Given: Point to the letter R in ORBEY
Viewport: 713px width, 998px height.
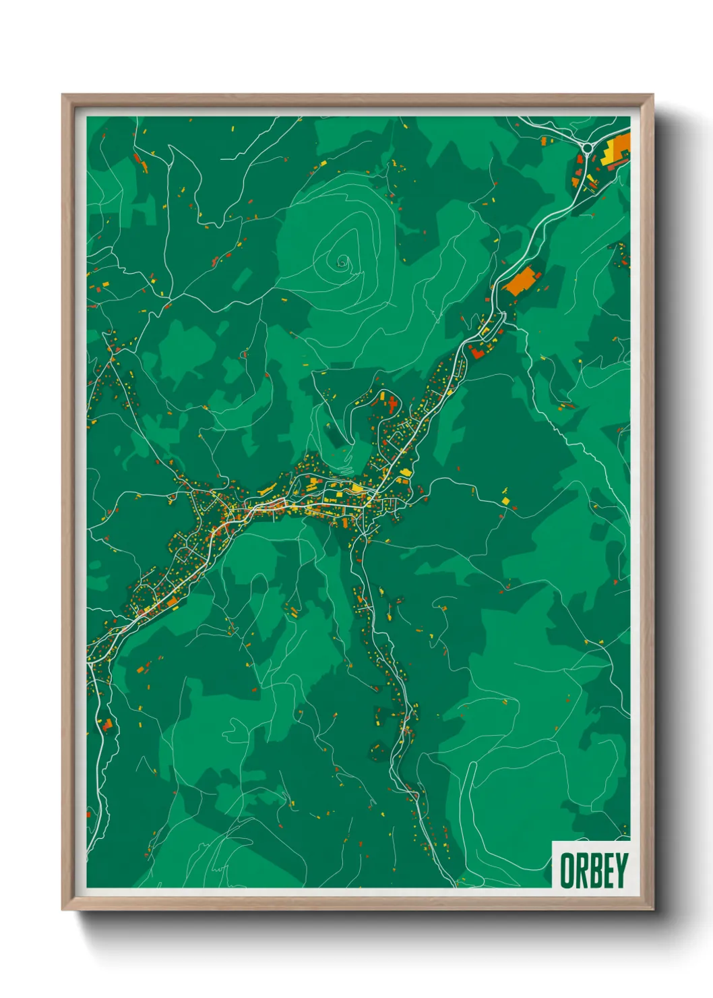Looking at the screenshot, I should pos(582,871).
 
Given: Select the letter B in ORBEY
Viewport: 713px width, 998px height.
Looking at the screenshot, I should pos(594,871).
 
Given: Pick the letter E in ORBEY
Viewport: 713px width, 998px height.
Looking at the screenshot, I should pos(607,871).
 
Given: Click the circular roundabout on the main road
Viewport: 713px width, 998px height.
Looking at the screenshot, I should pos(587,147).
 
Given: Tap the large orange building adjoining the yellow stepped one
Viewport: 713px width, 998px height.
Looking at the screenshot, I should pos(622,143).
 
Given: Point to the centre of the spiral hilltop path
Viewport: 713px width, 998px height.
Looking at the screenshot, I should pos(342,260).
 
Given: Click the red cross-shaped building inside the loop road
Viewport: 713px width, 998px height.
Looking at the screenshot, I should pos(392,405).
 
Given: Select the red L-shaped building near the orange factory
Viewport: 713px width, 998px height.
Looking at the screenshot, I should pos(476,351).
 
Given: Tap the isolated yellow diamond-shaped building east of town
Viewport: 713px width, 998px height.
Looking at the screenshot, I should pos(506,500).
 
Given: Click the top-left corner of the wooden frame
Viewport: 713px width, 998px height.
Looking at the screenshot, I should pos(63,95).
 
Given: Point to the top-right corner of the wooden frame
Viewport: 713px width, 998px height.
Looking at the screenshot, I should pos(653,95).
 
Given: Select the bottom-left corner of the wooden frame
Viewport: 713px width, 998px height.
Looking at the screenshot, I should pos(63,910).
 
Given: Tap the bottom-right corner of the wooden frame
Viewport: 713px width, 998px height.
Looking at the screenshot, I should pos(653,910).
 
